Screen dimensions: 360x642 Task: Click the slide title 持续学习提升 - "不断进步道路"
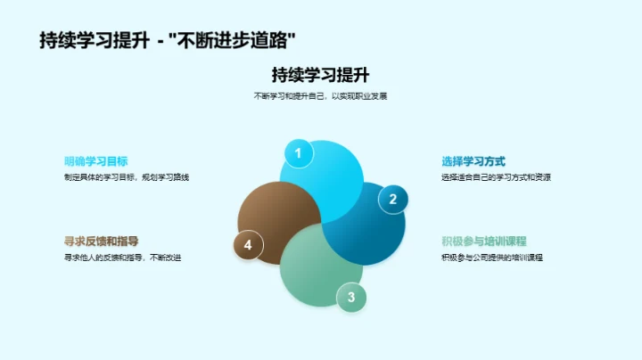168,41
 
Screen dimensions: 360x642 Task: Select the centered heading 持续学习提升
320,75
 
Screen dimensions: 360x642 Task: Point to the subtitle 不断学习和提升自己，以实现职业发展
320,95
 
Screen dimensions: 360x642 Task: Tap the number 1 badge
298,153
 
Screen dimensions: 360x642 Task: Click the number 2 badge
392,200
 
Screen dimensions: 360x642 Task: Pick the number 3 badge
350,298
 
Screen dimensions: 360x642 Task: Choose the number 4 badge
248,245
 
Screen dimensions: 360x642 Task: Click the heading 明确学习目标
96,161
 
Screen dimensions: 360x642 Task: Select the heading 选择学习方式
473,161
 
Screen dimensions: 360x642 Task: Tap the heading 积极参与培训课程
484,241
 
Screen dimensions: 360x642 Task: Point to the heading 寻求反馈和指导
102,241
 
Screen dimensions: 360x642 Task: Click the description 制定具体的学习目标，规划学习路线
127,177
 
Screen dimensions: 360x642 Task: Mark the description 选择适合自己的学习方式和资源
496,177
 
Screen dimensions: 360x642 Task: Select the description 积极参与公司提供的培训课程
492,258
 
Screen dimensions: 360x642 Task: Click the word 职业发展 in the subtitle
372,95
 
